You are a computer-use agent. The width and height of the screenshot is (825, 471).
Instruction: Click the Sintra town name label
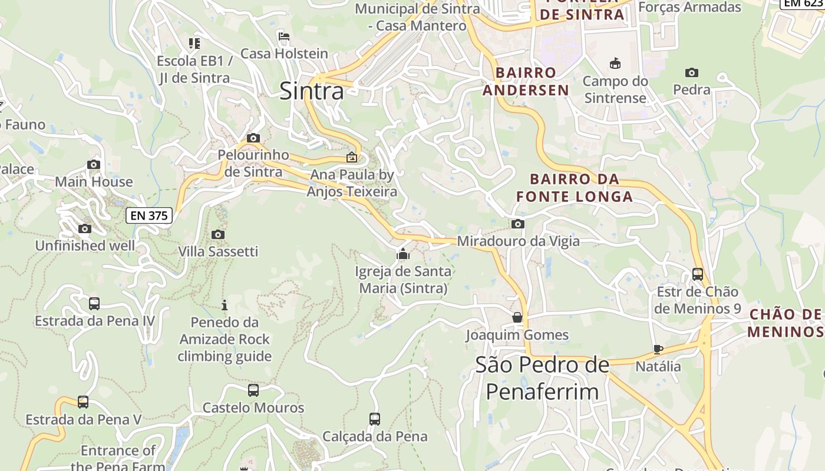tap(312, 91)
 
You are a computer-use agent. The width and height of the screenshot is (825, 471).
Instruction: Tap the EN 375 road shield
tap(149, 215)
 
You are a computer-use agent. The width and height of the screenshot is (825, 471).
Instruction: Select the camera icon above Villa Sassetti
tap(218, 234)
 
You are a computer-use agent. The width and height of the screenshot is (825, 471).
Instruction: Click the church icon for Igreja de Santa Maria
tap(403, 254)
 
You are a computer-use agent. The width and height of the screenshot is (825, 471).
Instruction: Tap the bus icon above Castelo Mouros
tap(253, 390)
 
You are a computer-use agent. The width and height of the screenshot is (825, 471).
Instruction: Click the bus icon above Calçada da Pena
tap(375, 419)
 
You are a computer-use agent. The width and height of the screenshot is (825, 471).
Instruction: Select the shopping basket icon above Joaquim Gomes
tap(517, 317)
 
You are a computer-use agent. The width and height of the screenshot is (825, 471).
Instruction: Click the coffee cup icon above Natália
tap(658, 349)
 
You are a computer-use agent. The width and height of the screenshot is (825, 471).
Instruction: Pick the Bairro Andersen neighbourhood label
tap(526, 81)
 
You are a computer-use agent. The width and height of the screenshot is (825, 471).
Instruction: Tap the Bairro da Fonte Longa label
tap(575, 188)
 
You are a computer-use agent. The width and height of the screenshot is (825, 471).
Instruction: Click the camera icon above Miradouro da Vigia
tap(518, 224)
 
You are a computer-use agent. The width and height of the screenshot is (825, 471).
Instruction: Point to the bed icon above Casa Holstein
tap(284, 37)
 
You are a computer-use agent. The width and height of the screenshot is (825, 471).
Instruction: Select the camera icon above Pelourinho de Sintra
tap(253, 138)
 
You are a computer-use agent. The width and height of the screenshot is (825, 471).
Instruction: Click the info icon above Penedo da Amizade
tap(224, 305)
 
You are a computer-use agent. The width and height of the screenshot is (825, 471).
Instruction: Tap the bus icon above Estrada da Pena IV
tap(94, 304)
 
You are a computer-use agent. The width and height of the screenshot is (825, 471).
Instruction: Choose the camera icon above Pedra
tap(692, 73)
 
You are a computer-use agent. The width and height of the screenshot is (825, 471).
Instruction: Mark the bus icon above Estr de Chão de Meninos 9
tap(698, 274)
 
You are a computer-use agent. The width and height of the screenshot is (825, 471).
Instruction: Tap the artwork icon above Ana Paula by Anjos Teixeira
tap(352, 157)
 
